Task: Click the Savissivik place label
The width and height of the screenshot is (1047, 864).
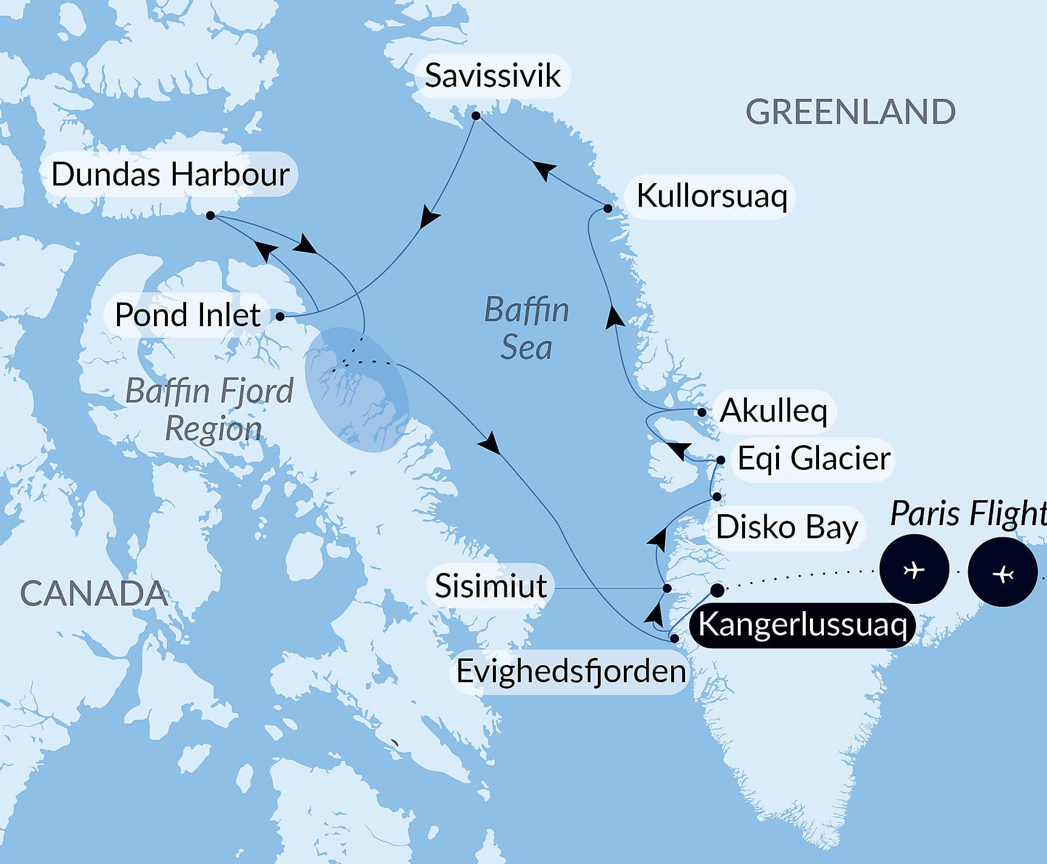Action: pos(492,76)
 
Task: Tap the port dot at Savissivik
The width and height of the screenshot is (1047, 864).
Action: pos(476,115)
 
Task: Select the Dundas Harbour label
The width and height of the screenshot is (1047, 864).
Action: pos(170,175)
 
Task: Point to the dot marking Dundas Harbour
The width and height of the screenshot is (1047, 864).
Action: pos(210,215)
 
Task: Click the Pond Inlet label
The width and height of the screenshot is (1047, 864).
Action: pos(187,315)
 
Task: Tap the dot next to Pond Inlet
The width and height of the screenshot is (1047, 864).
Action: pos(280,316)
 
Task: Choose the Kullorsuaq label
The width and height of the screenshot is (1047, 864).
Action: pos(712,196)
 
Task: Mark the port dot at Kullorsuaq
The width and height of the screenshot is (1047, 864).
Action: pos(608,209)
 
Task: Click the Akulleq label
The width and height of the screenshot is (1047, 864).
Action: pos(774,411)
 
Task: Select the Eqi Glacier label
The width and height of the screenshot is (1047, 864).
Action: pos(814,458)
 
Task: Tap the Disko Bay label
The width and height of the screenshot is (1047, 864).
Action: pos(786,527)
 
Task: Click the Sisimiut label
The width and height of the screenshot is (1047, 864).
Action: pos(490,586)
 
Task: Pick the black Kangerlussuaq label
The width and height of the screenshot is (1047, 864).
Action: pos(802,625)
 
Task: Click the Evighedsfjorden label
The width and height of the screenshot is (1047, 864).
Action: pos(570,671)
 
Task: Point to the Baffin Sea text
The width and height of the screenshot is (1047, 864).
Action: pos(526,329)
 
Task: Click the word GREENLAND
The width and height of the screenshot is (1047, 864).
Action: pos(850,113)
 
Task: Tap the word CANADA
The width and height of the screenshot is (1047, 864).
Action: pos(94,594)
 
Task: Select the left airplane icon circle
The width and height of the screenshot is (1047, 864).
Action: pos(914,569)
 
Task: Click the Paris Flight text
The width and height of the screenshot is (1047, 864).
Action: pos(968,514)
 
